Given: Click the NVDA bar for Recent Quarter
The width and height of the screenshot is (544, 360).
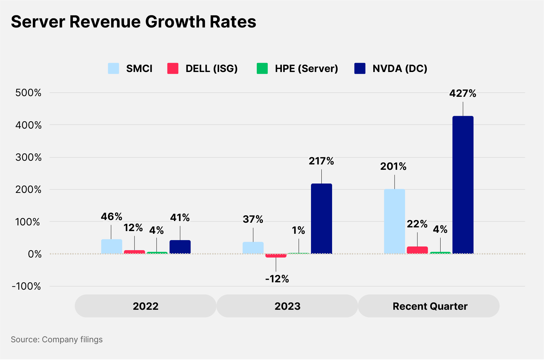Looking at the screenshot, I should (463, 185).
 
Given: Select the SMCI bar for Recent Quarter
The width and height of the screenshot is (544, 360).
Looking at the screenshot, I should (394, 221).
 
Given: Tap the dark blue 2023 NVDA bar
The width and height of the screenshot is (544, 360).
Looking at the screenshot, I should (321, 219).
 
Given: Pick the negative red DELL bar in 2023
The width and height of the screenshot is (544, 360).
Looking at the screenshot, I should (276, 256).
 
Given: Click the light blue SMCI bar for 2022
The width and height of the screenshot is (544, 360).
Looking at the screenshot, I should (111, 246).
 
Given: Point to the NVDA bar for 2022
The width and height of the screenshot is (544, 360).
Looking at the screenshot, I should (180, 247).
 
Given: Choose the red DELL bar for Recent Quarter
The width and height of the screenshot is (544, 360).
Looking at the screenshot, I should (417, 250).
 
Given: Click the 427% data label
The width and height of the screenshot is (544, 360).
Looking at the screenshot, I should (463, 93).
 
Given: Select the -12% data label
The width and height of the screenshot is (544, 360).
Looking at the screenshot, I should (277, 279).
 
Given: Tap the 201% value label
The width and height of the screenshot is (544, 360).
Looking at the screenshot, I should (393, 166).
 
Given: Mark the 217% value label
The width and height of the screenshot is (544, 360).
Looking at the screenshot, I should (321, 161).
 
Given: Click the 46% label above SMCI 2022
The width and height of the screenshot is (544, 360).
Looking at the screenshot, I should (111, 217).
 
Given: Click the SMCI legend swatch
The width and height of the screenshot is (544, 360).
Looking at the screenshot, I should (113, 68).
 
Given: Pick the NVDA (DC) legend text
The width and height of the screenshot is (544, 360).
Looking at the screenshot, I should (400, 68).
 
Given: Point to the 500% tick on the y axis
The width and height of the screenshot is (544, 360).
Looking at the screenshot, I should (28, 93).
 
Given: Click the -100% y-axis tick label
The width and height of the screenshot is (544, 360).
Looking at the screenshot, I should (26, 286).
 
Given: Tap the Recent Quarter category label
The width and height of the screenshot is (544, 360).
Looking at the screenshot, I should (430, 306).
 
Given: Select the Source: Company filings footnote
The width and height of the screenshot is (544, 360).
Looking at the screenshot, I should (57, 340).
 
